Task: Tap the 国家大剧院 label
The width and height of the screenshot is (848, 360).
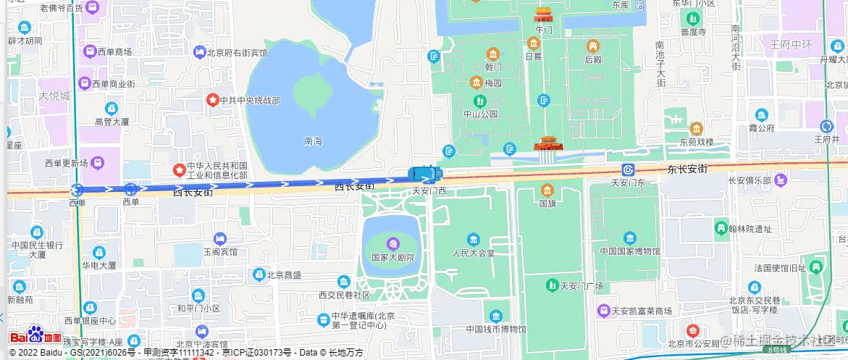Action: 392,257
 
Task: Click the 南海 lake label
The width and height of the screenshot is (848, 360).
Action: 313,141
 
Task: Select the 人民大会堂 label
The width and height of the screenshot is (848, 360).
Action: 473,254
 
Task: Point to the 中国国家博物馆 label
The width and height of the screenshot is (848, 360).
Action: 629,251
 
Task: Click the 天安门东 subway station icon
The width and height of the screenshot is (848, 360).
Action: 627,169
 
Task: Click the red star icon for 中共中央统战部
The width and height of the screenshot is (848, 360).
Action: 213,99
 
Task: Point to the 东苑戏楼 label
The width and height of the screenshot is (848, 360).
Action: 696,141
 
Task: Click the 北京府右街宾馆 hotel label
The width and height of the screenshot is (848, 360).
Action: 237,53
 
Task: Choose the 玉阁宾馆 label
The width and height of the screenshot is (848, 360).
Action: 220,252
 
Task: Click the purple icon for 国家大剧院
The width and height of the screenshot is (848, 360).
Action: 392,243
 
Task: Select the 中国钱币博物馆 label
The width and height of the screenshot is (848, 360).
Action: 496,329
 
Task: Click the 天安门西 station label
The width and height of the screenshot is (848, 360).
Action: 429,191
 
